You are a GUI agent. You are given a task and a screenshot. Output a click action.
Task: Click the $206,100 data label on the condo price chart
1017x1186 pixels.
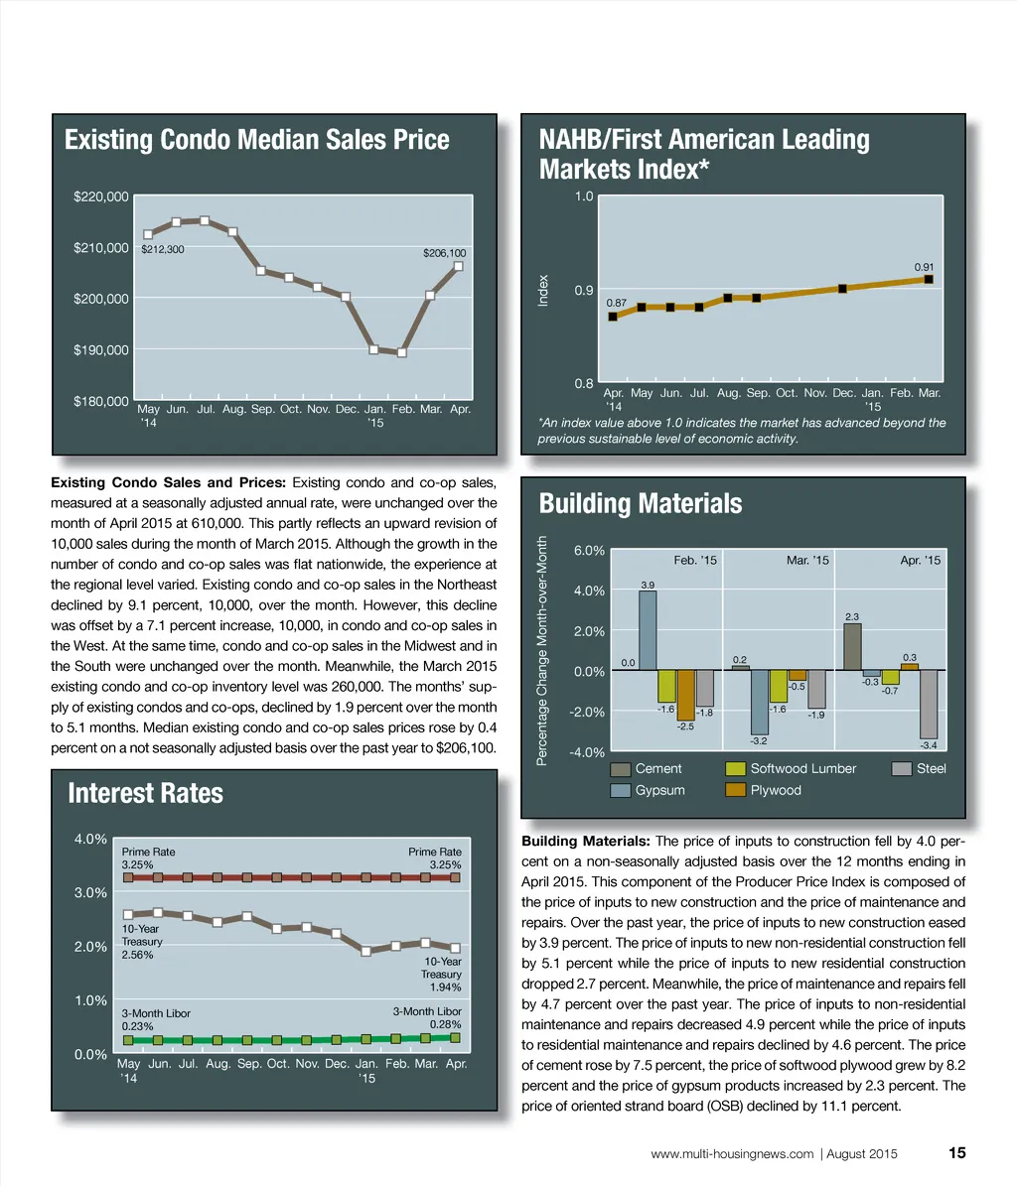444,253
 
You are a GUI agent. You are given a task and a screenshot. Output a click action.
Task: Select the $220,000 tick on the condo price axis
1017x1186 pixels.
100,197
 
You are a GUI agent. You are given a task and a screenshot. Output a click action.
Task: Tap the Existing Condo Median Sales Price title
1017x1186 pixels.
256,140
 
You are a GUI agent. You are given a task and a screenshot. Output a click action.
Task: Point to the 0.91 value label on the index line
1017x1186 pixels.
925,267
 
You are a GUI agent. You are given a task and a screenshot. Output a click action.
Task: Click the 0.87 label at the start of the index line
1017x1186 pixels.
616,301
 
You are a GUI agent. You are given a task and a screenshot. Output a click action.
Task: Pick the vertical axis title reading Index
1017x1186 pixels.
543,290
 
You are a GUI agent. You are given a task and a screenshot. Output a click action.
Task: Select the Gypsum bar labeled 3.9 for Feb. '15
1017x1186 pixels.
647,630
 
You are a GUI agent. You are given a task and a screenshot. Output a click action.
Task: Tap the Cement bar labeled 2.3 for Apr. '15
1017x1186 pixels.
852,646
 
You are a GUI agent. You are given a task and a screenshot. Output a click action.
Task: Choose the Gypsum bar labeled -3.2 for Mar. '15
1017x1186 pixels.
760,703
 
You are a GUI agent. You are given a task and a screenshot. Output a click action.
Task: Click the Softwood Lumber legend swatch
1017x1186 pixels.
736,769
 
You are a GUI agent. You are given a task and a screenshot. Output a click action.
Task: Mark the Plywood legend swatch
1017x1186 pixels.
736,790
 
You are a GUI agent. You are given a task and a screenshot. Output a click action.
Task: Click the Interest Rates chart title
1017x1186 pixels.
145,793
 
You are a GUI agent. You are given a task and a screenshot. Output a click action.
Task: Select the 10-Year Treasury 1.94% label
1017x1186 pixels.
442,975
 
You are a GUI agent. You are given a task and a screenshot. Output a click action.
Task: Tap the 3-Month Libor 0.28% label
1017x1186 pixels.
427,1017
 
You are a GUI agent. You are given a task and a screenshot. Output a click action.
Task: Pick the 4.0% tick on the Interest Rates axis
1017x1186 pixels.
91,840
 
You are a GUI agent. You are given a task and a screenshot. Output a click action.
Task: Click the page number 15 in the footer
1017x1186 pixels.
956,1153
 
